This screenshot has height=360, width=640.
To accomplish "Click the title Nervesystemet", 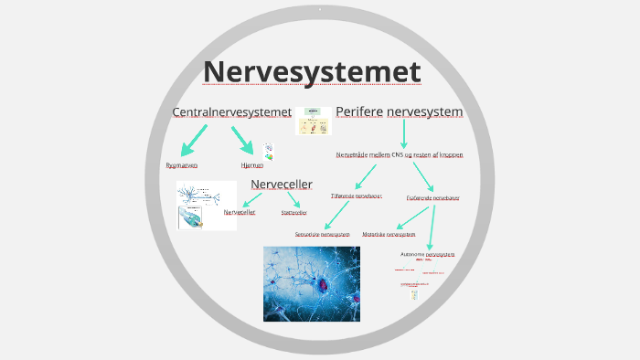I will [312, 71].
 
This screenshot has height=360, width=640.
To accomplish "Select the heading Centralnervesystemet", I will [231, 111].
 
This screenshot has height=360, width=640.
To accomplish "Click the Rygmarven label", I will [182, 165].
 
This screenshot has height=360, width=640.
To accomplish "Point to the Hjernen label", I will [252, 165].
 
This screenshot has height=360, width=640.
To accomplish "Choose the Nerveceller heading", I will [282, 185].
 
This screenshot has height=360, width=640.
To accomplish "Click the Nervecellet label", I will [240, 212].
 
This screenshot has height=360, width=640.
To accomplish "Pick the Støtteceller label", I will [294, 212].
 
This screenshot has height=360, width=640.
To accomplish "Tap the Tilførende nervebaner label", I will [356, 196].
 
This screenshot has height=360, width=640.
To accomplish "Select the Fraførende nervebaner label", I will [432, 197].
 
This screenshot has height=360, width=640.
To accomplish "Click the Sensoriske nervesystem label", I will [323, 234].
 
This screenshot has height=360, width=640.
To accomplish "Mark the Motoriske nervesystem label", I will [396, 234].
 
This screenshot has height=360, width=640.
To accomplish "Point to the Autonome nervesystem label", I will [427, 253].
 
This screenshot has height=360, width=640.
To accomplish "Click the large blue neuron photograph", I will [311, 283].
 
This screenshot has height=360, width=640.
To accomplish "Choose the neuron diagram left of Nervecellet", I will [207, 205].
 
